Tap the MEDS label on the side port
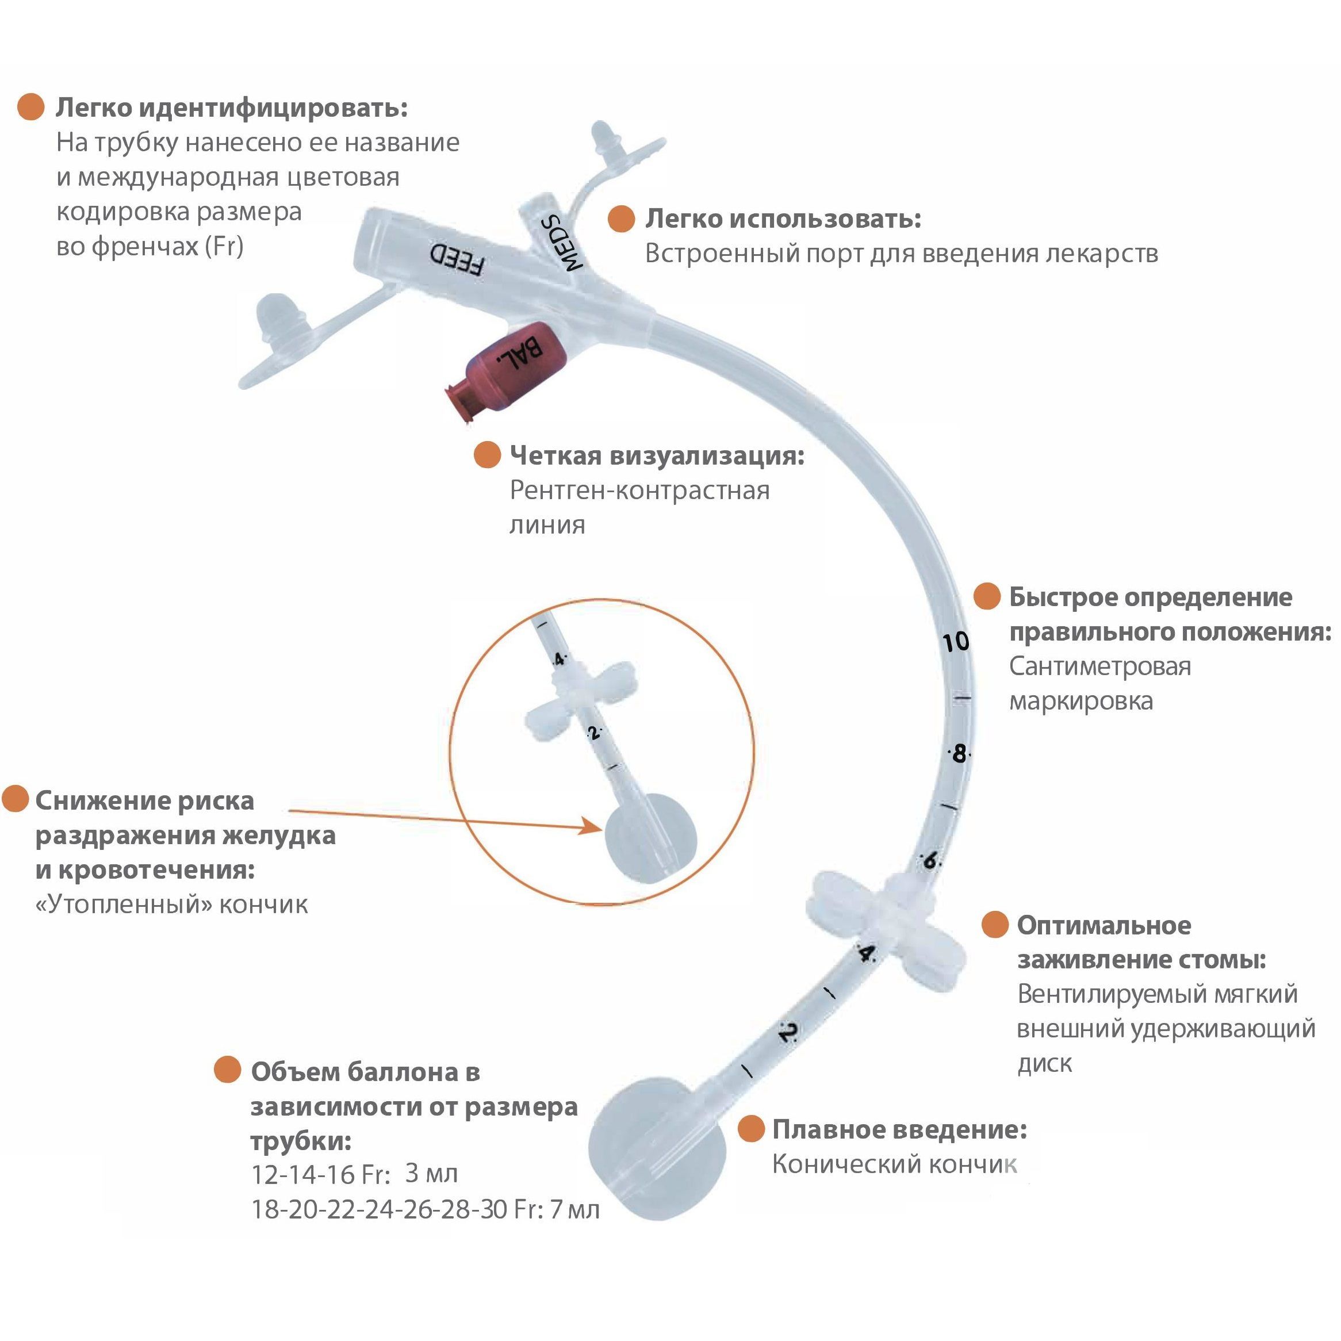tap(562, 242)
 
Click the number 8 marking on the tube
tap(959, 753)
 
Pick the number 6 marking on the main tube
tap(930, 861)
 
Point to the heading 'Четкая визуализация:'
tap(657, 456)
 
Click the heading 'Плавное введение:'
tap(899, 1129)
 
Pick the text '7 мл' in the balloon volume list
tap(574, 1210)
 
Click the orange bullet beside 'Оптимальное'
tap(995, 925)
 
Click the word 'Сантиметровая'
tap(1099, 666)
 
